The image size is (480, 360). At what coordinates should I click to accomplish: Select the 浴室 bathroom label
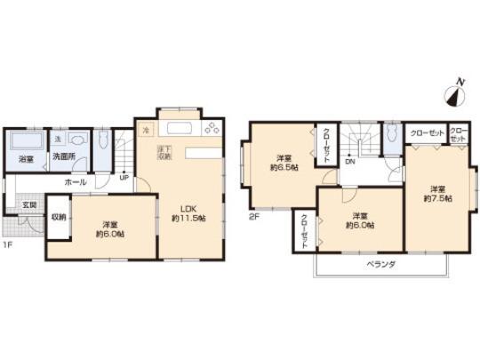26,160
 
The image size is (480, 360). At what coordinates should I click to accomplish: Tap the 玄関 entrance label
28,205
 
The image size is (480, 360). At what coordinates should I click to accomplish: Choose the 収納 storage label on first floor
59,217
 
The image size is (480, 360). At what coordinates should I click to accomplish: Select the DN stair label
350,162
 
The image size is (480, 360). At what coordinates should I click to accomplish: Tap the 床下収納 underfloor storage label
164,153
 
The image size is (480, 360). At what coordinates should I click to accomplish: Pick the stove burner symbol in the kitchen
211,130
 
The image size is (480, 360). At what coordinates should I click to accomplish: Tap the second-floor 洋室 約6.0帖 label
359,220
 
